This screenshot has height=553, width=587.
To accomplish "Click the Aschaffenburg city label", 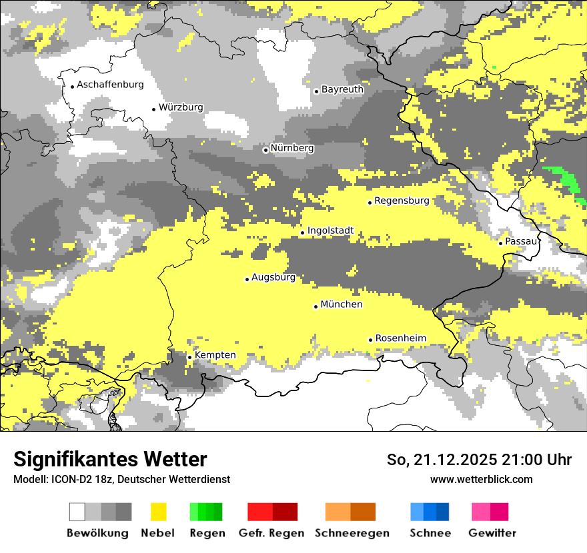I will [x=110, y=85].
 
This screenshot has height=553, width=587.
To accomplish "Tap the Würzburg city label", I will [x=181, y=107].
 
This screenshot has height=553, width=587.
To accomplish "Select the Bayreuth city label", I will [x=342, y=89].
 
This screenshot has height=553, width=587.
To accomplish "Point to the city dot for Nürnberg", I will [x=265, y=150].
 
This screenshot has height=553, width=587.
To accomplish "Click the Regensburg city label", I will [x=402, y=201].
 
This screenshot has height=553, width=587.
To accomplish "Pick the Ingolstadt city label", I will [x=330, y=231].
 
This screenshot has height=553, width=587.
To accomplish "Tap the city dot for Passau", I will [x=500, y=243].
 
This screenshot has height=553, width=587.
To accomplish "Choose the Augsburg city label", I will [x=273, y=277].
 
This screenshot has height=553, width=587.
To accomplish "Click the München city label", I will [x=342, y=304].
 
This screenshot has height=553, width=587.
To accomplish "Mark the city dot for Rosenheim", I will [x=370, y=340].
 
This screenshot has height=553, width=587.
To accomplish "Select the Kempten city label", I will [x=215, y=355].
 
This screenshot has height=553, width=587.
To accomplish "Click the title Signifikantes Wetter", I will [x=110, y=459].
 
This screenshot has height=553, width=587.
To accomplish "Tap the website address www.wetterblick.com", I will [x=481, y=479].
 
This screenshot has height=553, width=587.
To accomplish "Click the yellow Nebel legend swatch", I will [x=159, y=512].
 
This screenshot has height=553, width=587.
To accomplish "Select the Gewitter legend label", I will [x=492, y=533].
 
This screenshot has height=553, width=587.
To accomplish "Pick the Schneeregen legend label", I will [x=352, y=533].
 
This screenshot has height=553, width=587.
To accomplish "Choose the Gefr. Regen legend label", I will [x=271, y=533].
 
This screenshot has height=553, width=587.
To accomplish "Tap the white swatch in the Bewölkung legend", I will [x=77, y=512].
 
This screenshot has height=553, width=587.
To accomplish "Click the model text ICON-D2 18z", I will [x=80, y=479].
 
